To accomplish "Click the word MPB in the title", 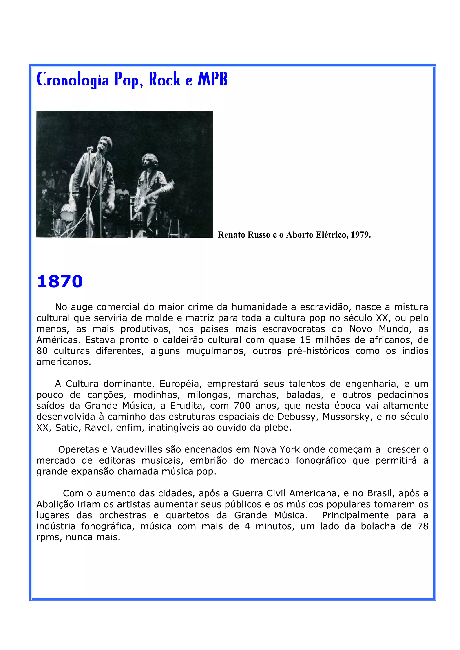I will pos(212,79).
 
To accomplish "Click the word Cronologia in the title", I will pos(73,80).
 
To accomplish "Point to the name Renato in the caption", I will pos(232,235).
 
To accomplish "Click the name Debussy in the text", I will pos(298,417).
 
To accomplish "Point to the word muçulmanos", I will pos(216,351).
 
